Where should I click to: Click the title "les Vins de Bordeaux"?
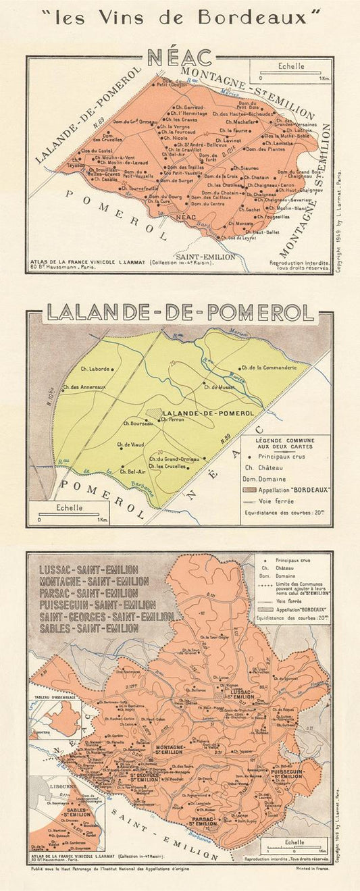point(179,17)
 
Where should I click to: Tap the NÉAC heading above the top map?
point(180,58)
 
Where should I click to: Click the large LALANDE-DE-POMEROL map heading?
point(180,313)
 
